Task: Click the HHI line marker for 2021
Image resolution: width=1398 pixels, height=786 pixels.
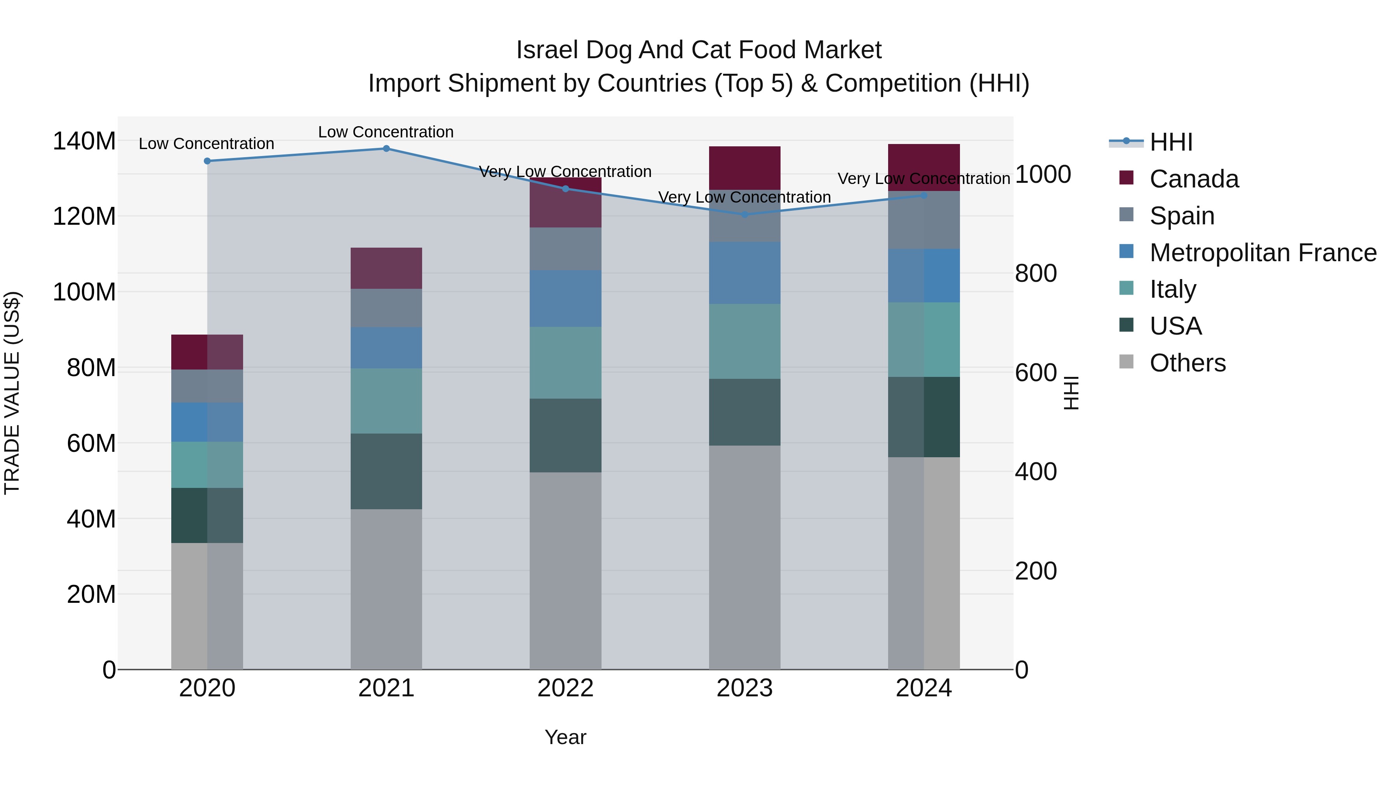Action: point(386,149)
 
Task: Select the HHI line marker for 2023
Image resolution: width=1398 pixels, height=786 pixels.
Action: point(744,214)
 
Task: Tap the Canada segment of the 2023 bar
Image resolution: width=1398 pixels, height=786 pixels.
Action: point(744,168)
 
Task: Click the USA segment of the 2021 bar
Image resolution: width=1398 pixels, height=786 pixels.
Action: point(386,471)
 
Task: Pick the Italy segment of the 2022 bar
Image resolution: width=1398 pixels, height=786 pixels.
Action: point(565,363)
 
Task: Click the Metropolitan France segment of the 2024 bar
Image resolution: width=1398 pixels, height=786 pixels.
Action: point(924,276)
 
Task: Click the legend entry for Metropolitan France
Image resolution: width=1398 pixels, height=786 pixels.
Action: point(1262,253)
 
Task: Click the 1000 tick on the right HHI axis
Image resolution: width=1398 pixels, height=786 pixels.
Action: point(1043,175)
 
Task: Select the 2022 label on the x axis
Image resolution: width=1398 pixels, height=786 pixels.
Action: point(565,688)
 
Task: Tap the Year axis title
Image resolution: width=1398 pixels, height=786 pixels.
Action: point(565,737)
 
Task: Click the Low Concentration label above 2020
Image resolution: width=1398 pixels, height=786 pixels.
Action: point(206,144)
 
